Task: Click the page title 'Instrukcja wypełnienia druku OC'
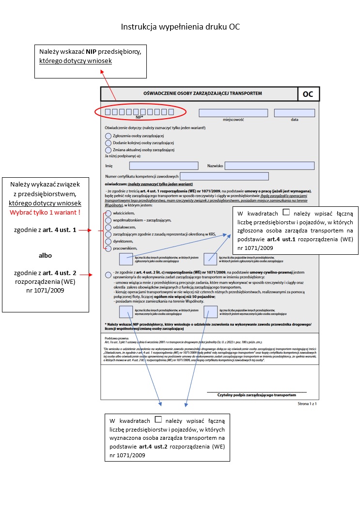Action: click(180, 27)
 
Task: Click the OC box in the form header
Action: click(308, 94)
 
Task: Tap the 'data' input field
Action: click(294, 113)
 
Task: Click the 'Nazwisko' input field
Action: click(269, 166)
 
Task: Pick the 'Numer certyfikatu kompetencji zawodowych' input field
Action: click(224, 176)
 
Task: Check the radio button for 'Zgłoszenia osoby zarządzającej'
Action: click(108, 136)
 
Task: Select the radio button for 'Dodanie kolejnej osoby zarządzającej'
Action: click(108, 143)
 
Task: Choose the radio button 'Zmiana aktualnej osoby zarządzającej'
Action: click(108, 150)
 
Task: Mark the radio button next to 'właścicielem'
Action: click(108, 213)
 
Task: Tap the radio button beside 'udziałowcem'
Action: click(108, 227)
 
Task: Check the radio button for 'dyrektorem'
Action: click(108, 241)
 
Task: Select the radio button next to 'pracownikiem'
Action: click(108, 248)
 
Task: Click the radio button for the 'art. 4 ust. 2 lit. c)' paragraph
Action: click(108, 275)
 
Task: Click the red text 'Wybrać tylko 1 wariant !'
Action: click(45, 213)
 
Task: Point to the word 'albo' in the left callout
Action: click(45, 255)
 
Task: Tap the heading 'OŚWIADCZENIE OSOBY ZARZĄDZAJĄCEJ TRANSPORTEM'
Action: click(199, 93)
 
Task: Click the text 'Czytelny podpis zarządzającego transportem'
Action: click(255, 395)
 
